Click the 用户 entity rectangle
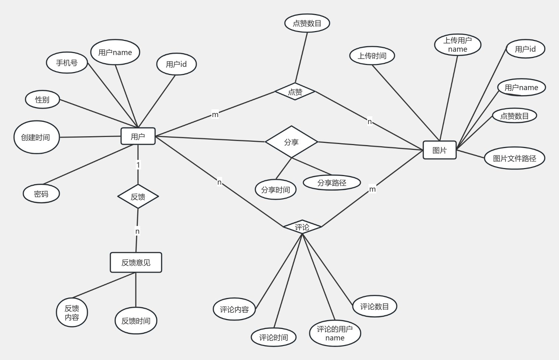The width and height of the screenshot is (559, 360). coord(138,136)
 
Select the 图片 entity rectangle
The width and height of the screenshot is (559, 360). coord(439,150)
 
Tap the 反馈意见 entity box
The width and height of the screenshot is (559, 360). coord(136,263)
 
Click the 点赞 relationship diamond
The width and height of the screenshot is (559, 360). coord(295,92)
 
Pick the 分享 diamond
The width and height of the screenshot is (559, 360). coord(291,142)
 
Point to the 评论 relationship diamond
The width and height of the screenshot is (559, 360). coord(302,227)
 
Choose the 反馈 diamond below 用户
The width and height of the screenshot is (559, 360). coord(138,196)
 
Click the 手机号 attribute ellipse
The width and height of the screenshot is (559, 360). coord(67,63)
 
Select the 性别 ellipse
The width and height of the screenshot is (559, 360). coord(42,99)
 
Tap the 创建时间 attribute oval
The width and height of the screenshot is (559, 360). coord(36,137)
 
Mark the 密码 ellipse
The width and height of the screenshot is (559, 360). coord(41,194)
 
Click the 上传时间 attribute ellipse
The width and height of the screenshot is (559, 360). coord(372,56)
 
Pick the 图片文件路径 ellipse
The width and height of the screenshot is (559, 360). coord(514,158)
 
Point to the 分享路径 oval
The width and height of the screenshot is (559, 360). coord(332,182)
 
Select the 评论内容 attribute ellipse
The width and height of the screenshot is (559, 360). coord(234,309)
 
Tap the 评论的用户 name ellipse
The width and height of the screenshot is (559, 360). coord(335,333)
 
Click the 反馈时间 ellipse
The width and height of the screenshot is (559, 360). coord(136,320)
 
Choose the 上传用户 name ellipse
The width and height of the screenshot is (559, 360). coord(458,45)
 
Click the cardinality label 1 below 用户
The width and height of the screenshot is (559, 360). coord(138,165)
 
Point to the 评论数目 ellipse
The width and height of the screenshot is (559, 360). coord(375,306)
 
